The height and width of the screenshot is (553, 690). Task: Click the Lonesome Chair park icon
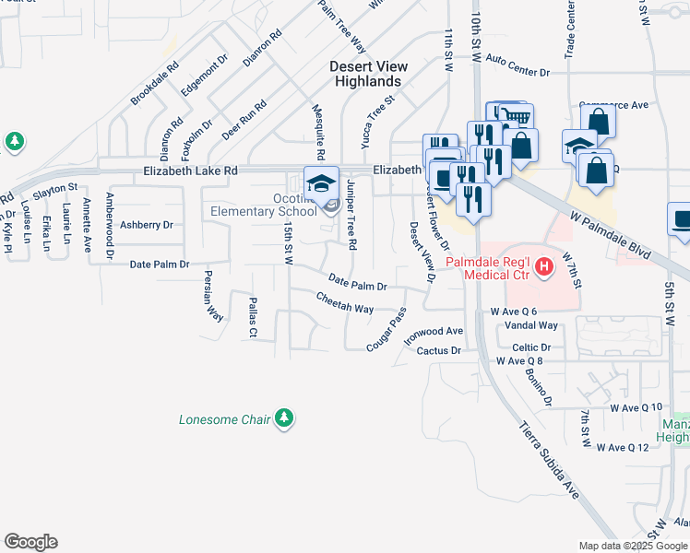click(x=285, y=418)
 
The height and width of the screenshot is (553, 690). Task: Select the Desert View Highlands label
click(x=366, y=74)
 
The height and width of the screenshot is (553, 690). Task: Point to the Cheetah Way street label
click(x=344, y=302)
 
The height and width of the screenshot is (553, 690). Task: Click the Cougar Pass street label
click(x=385, y=328)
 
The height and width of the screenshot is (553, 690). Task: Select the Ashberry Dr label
click(x=146, y=225)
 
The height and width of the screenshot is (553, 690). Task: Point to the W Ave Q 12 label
click(x=636, y=447)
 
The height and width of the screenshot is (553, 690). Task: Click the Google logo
click(x=30, y=542)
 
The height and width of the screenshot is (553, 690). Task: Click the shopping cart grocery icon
click(x=517, y=115)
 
